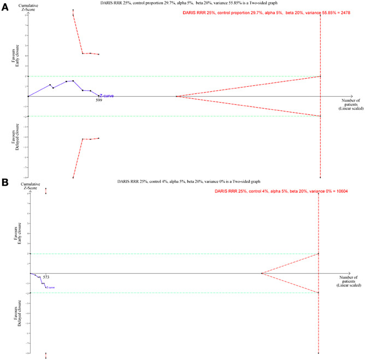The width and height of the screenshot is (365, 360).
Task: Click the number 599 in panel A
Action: tap(98, 101)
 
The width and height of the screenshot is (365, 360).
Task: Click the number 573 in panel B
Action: tap(46, 277)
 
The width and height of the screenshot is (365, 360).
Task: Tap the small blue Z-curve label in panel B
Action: tap(50, 287)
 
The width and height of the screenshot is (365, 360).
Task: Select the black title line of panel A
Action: tap(174, 3)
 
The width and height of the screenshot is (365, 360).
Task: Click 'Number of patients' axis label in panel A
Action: tap(350, 104)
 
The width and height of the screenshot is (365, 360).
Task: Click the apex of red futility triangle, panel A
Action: tap(176, 96)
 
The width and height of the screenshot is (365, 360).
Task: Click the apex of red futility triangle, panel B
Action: tap(261, 273)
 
